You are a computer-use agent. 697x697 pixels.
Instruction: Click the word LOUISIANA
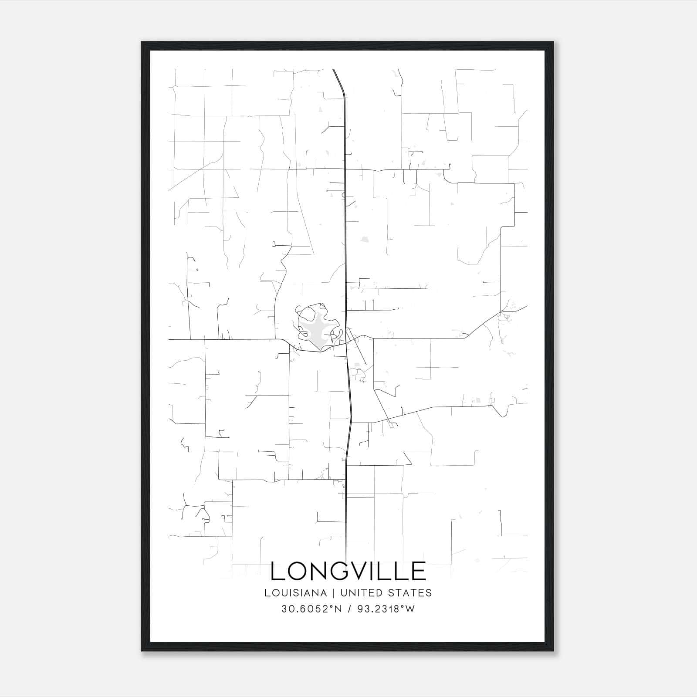295,592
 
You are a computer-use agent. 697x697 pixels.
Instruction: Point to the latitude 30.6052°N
311,609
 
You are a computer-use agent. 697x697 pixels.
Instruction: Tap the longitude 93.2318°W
386,609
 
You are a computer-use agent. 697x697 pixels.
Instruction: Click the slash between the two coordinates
349,609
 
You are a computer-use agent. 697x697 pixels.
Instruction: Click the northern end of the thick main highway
333,70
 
